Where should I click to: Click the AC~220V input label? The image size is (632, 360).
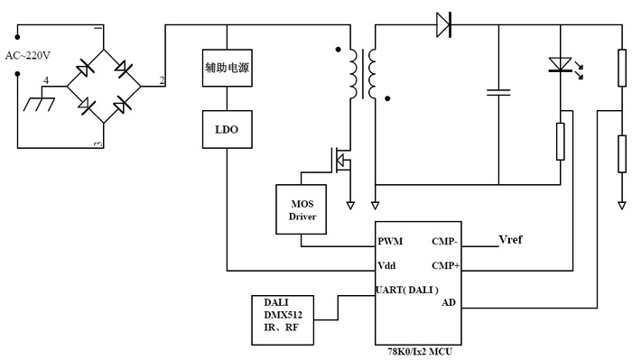click(29, 55)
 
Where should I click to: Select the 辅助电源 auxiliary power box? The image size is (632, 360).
click(227, 68)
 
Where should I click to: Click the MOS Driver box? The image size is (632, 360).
click(302, 208)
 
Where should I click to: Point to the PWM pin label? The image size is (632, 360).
click(391, 242)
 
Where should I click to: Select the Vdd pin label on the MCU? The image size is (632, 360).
click(386, 266)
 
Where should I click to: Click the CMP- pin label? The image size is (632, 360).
click(446, 242)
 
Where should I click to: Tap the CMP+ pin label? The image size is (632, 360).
click(446, 266)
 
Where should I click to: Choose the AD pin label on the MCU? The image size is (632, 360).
click(449, 302)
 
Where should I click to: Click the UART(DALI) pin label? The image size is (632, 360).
click(407, 290)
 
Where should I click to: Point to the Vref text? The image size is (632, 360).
click(511, 240)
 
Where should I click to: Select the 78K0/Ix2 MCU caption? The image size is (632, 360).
click(419, 351)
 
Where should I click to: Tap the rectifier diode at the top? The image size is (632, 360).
click(443, 24)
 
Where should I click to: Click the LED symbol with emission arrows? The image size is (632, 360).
click(562, 65)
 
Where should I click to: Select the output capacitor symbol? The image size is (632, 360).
click(497, 91)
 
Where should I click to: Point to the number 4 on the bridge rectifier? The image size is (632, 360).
click(47, 80)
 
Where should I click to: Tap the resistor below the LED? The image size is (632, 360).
click(561, 139)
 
